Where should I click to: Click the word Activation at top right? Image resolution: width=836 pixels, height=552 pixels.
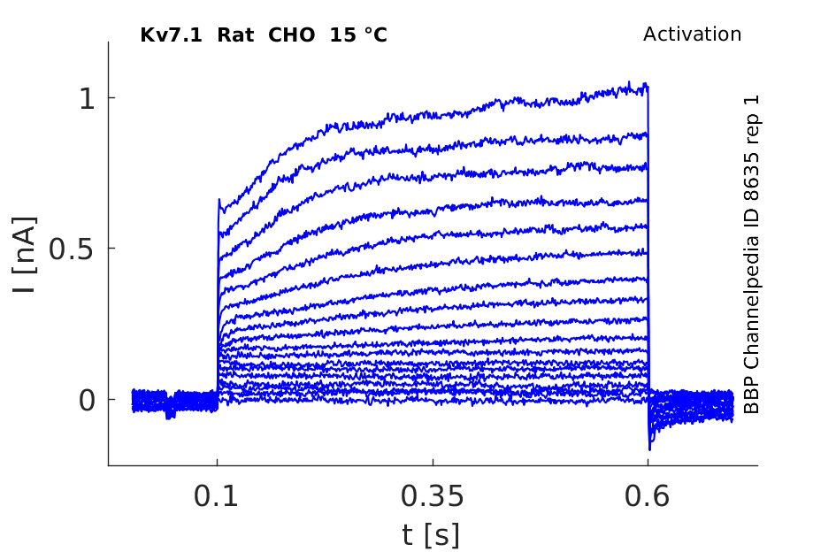[692, 34]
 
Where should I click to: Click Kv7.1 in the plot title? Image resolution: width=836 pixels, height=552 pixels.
[171, 35]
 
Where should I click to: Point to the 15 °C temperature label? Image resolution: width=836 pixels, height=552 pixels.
[358, 35]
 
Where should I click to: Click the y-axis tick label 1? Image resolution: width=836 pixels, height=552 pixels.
[87, 98]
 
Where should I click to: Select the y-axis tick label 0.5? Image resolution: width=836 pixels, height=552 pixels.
[72, 249]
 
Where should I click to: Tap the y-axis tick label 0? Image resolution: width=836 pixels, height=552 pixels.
[87, 400]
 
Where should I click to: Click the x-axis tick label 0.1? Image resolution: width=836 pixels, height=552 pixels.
[216, 496]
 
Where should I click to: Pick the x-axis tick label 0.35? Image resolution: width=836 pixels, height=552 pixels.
[433, 496]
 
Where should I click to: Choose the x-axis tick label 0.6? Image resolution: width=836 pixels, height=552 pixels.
[648, 496]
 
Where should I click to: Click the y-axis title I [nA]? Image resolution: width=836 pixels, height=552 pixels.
[25, 255]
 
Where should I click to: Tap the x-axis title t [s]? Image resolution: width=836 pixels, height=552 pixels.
[431, 535]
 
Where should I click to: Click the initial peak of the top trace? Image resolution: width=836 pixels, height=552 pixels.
[219, 200]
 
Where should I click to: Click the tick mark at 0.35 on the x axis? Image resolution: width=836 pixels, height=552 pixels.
[433, 462]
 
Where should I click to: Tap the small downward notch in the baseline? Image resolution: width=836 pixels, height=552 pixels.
[170, 414]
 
